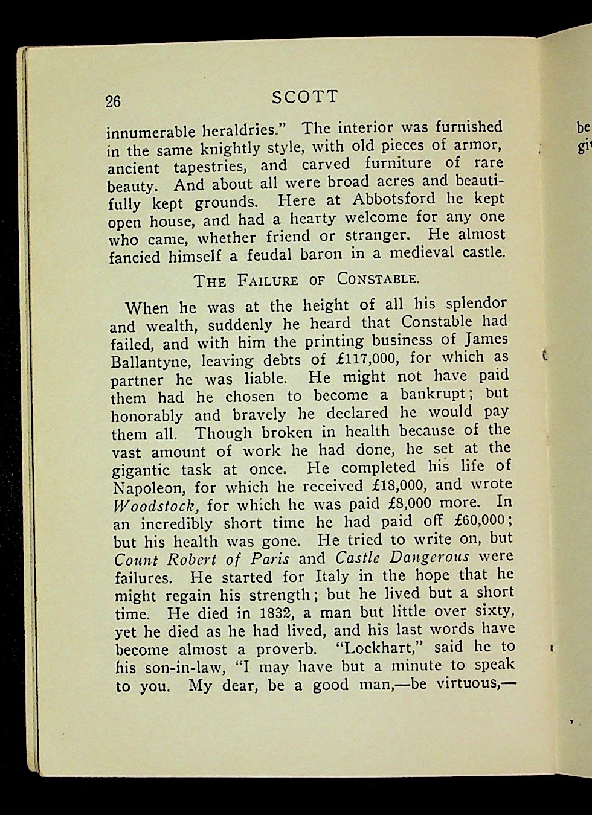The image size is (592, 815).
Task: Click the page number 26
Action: (113, 101)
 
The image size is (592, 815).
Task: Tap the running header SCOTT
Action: (305, 97)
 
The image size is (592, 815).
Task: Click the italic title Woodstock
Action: (156, 505)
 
